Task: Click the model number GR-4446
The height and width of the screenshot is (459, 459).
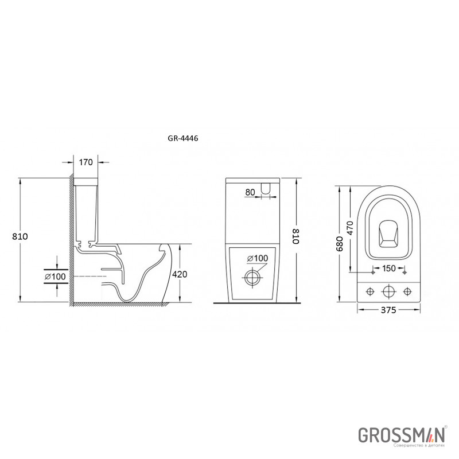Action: (x=183, y=138)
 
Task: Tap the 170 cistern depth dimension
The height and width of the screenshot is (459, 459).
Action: (x=85, y=162)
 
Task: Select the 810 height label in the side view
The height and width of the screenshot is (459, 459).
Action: (x=20, y=236)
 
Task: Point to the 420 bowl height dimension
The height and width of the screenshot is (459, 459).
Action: (x=180, y=274)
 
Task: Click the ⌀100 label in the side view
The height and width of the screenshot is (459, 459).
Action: (x=55, y=277)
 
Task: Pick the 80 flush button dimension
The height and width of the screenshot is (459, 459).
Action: (x=250, y=192)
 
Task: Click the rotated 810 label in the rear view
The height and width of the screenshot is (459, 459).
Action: (x=296, y=236)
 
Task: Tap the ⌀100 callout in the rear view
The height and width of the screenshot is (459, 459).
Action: (x=258, y=258)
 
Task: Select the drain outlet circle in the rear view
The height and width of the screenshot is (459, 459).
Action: (x=252, y=277)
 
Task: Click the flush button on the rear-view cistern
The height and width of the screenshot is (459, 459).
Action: (x=266, y=188)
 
